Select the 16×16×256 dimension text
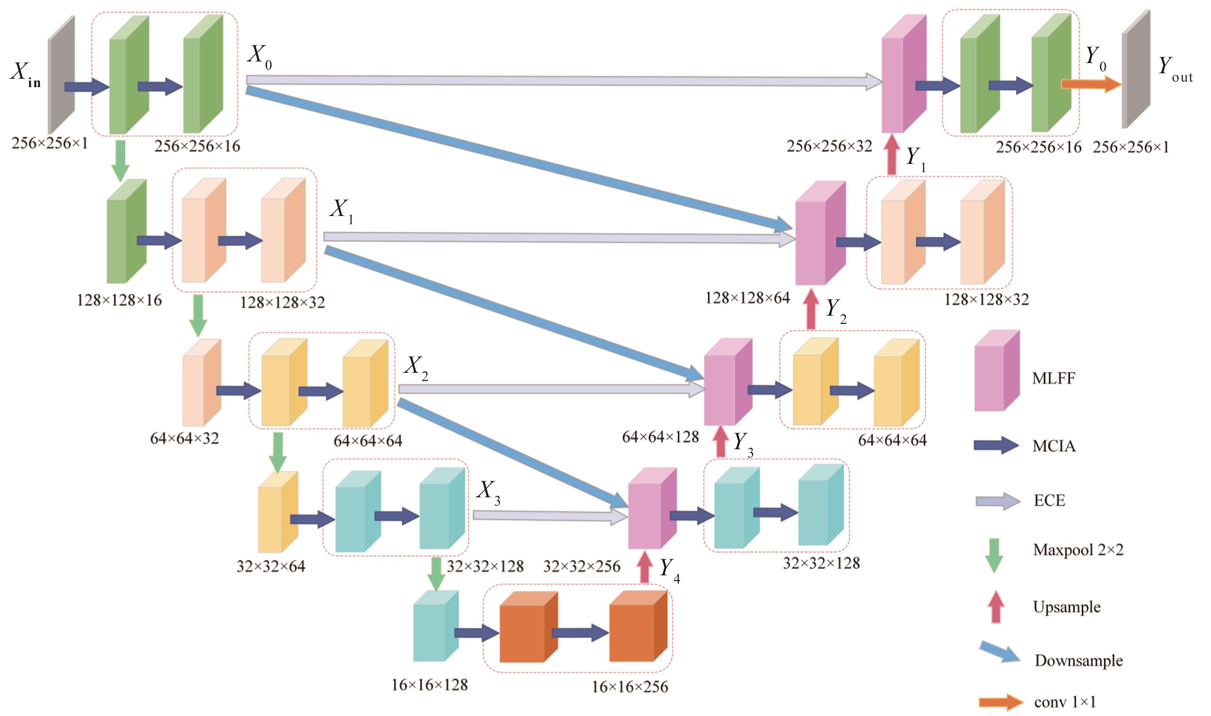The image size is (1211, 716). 630,686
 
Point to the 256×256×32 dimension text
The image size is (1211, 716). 829,146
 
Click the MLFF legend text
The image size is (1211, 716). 1053,378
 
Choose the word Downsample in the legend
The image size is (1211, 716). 1078,660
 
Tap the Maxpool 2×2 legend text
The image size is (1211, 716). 1078,550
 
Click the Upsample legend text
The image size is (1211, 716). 1067,606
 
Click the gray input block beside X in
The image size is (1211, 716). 61,75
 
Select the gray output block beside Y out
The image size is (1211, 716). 1135,70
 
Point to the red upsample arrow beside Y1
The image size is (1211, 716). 892,155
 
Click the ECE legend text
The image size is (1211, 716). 1049,500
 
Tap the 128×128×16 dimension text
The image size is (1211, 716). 119,300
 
